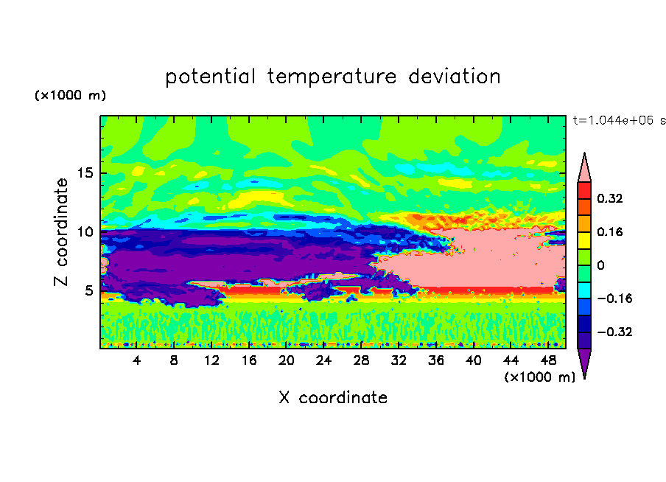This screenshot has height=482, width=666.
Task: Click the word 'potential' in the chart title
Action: click(x=210, y=77)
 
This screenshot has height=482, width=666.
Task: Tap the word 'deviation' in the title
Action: click(x=455, y=76)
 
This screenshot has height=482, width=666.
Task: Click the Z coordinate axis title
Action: click(x=61, y=231)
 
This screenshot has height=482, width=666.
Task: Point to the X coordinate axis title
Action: click(x=333, y=397)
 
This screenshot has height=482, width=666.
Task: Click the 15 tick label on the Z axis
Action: click(x=85, y=173)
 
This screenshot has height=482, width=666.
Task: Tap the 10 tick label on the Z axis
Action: click(x=85, y=231)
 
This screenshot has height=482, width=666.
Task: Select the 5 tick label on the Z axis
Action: click(x=88, y=290)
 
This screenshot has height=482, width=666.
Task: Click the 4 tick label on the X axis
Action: click(x=136, y=360)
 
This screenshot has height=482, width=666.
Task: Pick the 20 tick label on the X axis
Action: click(x=286, y=360)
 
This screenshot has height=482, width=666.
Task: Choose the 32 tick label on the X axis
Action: click(x=399, y=360)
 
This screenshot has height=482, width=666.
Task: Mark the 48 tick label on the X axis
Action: click(x=548, y=360)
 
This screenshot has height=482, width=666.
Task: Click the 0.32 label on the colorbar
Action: click(x=610, y=198)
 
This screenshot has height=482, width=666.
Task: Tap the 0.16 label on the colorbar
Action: click(x=610, y=231)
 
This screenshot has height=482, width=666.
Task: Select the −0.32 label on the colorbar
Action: click(x=614, y=332)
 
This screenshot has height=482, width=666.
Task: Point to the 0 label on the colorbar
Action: click(x=600, y=265)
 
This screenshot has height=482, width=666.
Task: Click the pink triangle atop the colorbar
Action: click(x=584, y=171)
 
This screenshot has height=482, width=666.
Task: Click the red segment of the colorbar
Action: click(x=584, y=190)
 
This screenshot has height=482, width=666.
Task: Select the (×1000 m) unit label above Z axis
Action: click(x=70, y=95)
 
